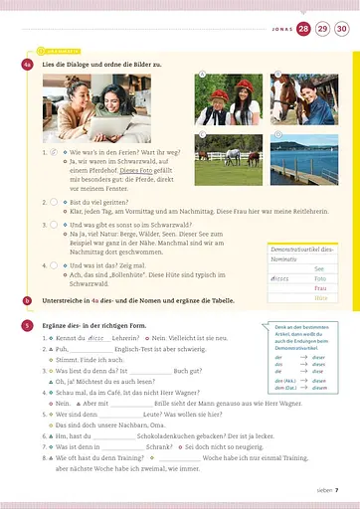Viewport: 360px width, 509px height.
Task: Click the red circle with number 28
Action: [303, 30]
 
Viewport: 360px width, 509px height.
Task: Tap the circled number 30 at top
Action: [341, 30]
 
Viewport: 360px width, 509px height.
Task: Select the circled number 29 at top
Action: [322, 30]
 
